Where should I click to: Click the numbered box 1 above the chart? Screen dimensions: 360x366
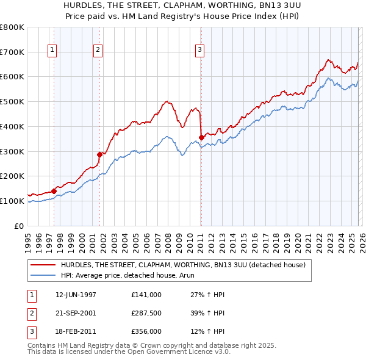click(x=53, y=51)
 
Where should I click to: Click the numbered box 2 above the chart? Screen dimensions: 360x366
click(x=98, y=51)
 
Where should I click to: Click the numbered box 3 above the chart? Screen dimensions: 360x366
click(x=199, y=51)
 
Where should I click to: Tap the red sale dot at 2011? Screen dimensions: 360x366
click(x=201, y=137)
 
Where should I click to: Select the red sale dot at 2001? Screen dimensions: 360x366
click(x=100, y=154)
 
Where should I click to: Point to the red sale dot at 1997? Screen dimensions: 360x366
click(x=54, y=191)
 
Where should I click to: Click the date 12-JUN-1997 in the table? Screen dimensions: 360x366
click(x=76, y=295)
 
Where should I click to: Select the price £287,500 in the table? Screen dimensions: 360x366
click(x=146, y=313)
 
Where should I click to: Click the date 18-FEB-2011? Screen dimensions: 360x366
click(x=76, y=331)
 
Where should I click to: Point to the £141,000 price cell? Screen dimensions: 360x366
click(x=146, y=295)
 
